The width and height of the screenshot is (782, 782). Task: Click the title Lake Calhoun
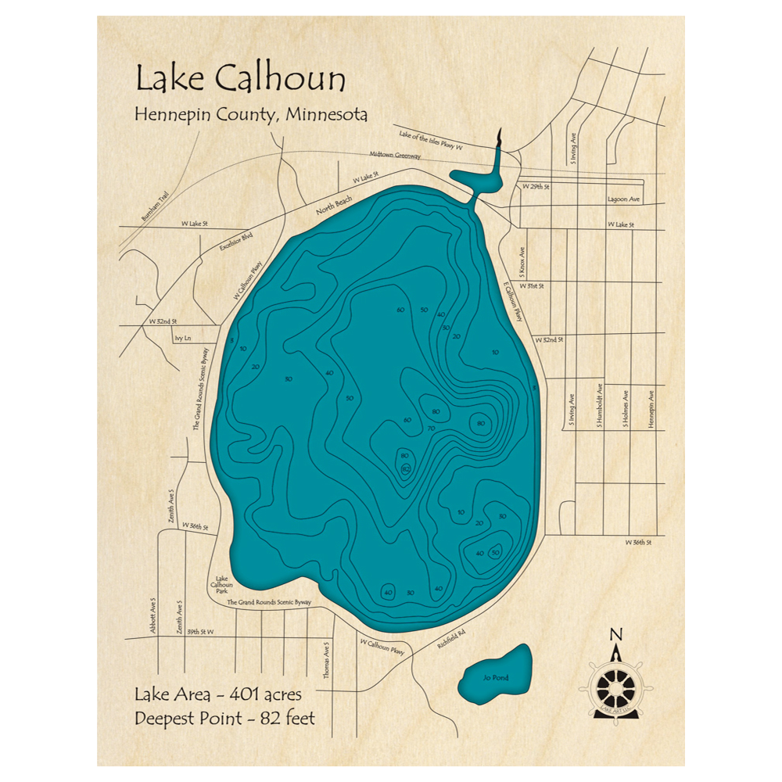click(x=240, y=80)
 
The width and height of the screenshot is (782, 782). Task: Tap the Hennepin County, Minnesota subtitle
click(x=251, y=115)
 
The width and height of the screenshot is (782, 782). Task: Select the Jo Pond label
click(x=496, y=677)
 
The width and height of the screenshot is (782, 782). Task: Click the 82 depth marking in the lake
click(x=406, y=468)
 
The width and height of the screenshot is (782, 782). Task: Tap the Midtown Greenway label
click(x=397, y=156)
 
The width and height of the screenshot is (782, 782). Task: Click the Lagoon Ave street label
click(x=623, y=199)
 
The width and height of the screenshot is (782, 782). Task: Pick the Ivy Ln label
click(x=183, y=339)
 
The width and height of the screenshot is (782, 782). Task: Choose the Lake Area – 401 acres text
click(x=217, y=694)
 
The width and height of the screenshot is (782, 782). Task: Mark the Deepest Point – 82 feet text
click(x=224, y=718)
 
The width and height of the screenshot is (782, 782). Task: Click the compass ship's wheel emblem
click(x=616, y=687)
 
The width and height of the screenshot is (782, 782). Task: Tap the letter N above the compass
click(x=615, y=634)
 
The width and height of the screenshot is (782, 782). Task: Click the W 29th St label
click(x=536, y=188)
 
